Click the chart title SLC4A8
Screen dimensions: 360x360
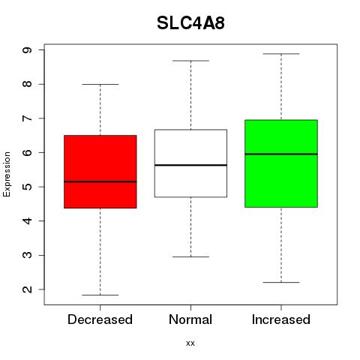[190, 23]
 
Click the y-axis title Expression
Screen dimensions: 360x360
[7, 174]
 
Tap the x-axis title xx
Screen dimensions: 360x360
[190, 343]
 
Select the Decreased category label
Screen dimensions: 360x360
[100, 319]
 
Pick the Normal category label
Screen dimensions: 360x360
[190, 319]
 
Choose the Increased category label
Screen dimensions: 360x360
[281, 319]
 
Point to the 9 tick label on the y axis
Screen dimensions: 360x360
[27, 50]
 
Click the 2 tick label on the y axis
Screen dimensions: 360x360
[27, 289]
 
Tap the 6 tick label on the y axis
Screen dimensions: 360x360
[27, 152]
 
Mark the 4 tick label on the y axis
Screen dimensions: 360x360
[27, 221]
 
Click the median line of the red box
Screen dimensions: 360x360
[100, 181]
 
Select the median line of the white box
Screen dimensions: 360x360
[190, 165]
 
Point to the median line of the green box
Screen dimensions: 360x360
[281, 154]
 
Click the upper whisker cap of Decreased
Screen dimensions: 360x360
[100, 84]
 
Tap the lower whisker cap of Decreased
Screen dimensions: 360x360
[100, 295]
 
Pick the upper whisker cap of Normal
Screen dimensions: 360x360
[190, 61]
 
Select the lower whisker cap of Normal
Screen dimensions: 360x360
[190, 256]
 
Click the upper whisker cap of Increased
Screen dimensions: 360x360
[281, 54]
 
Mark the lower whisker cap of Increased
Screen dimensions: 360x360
[281, 282]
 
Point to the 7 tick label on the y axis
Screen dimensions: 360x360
[27, 118]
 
